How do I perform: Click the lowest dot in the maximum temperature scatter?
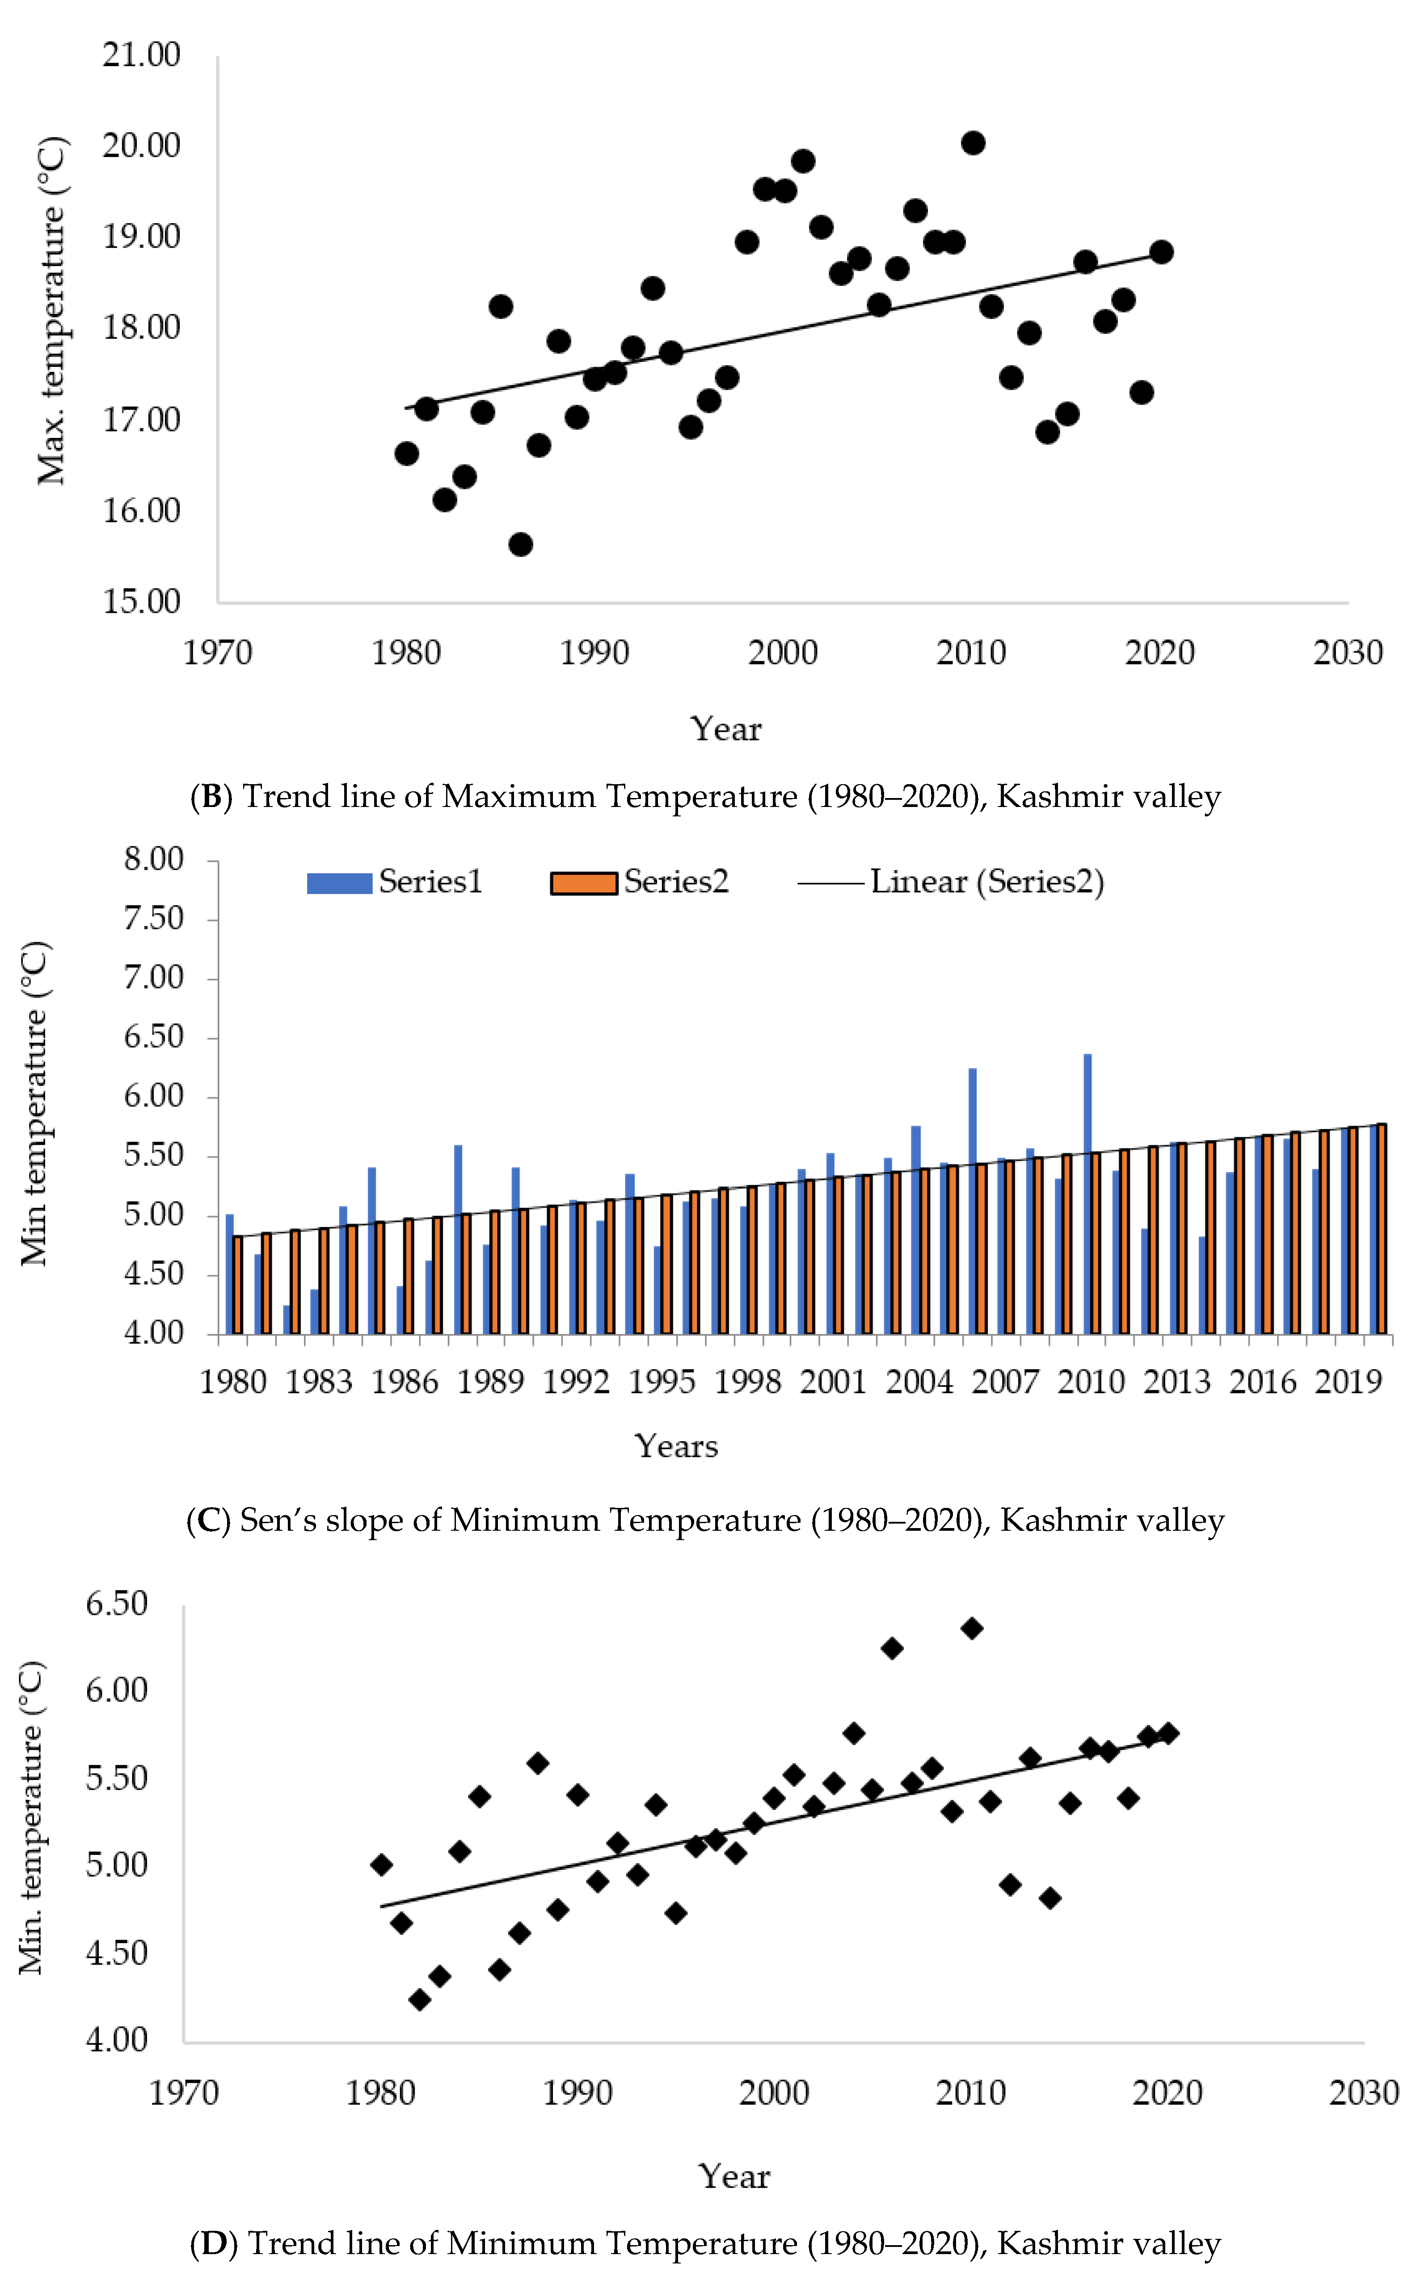click(x=520, y=544)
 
